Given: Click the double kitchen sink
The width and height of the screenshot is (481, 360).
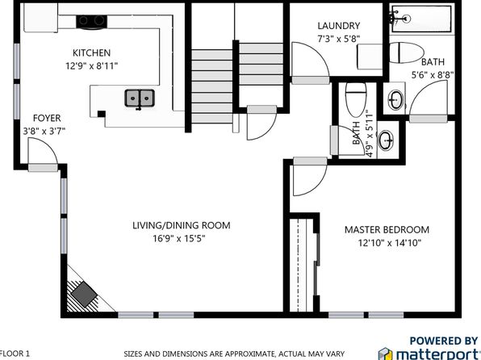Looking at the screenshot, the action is coord(140,98).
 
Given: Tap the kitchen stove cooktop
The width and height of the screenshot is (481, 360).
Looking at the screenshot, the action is coord(92,22).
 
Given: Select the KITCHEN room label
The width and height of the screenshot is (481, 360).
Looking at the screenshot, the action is coord(91,52).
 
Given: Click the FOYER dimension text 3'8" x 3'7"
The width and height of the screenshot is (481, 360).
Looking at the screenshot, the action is coord(44,132).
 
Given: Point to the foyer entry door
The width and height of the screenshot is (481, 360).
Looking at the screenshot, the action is coord(43,154).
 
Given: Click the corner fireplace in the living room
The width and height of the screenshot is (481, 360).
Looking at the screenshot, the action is coord(84,294).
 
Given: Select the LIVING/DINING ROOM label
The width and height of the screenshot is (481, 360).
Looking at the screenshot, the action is coord(182,225).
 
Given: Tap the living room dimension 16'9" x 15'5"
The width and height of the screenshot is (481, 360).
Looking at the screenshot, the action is coord(179,238).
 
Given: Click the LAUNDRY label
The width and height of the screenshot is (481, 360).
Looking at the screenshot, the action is coord(339,26).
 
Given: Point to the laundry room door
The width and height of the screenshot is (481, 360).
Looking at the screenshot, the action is coord(310,63).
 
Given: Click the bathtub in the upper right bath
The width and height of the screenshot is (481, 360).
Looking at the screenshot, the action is coord(422,19).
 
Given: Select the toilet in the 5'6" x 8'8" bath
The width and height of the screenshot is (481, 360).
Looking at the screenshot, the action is coord(406,52).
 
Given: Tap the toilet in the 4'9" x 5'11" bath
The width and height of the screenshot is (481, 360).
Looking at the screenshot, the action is coord(356,98).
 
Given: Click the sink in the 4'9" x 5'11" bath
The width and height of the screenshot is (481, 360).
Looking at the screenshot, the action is coord(386,140).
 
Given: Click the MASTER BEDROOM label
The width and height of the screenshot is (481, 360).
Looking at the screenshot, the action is coord(387,229).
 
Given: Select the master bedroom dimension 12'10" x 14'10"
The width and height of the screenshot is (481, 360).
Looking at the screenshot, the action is coord(390,243).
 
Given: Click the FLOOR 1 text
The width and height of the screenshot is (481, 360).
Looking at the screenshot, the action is coord(15,354).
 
